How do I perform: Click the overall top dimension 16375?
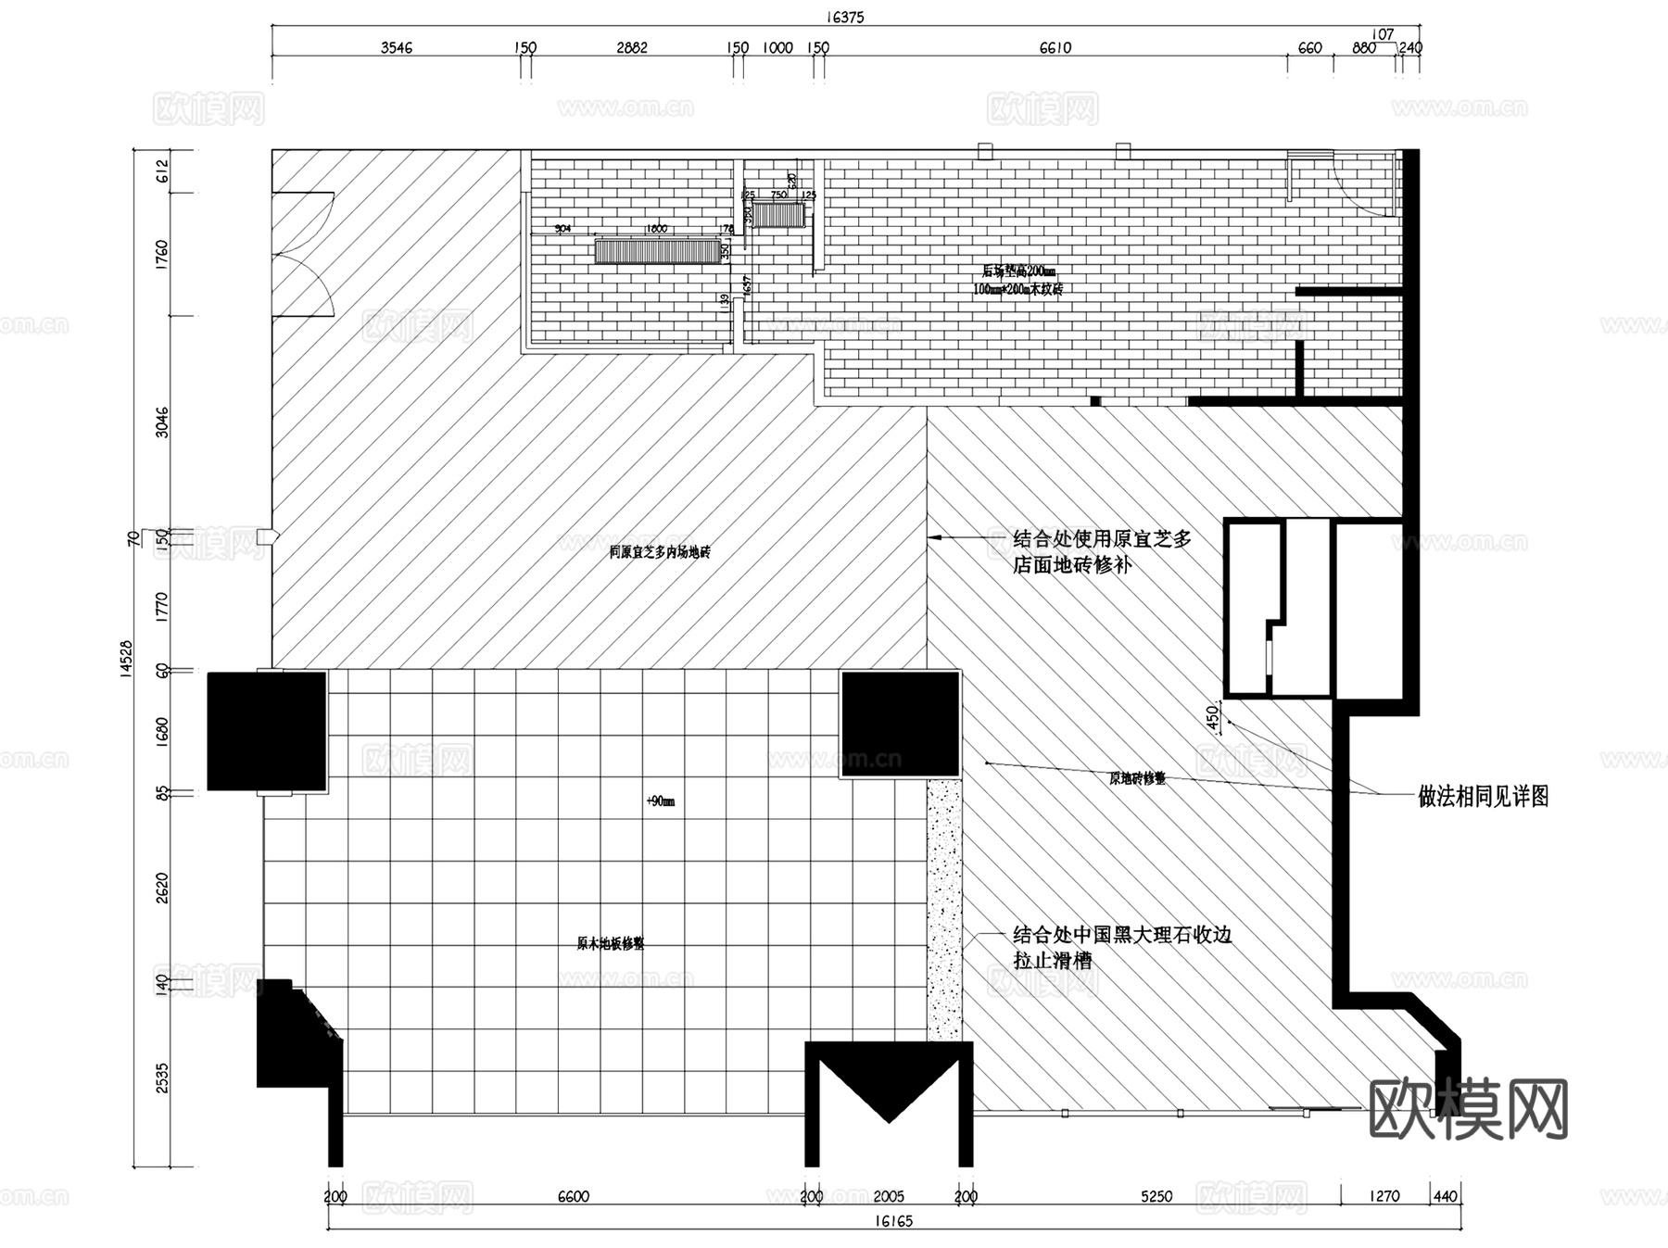coord(844,17)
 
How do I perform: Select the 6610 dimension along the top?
coord(1055,48)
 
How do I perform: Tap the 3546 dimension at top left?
coord(396,48)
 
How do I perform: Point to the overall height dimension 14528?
coord(126,660)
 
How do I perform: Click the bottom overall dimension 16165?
coord(893,1221)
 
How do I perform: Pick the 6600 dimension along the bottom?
coord(573,1196)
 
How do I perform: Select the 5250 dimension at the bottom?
coord(1156,1196)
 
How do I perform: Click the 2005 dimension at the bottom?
coord(888,1196)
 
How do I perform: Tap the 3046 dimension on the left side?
coord(162,422)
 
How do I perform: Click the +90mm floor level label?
coord(660,801)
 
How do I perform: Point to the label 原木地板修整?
coord(610,944)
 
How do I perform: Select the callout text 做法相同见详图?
coord(1484,796)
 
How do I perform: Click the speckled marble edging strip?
coord(944,908)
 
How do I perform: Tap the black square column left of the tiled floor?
coord(267,731)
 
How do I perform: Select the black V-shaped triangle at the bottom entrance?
coord(889,1085)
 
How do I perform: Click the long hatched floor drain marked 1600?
coord(657,251)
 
